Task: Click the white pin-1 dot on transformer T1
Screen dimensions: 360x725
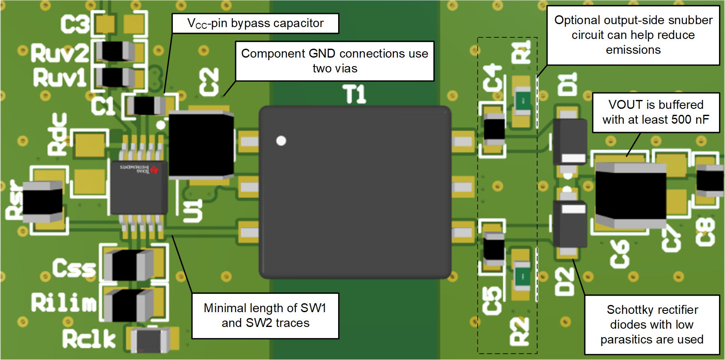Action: [x=281, y=141]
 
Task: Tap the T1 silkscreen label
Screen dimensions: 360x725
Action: [x=354, y=94]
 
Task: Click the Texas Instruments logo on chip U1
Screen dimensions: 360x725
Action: [x=154, y=169]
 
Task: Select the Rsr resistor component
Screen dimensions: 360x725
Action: [x=42, y=202]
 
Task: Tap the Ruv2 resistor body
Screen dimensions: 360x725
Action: [x=115, y=52]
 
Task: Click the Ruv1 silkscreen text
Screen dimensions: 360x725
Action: [x=59, y=78]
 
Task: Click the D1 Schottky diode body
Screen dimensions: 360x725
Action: [x=569, y=141]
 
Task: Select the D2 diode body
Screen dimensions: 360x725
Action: [x=569, y=224]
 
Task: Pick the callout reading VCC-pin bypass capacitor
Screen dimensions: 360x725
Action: [x=255, y=23]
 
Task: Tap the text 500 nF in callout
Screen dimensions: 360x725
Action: [x=689, y=119]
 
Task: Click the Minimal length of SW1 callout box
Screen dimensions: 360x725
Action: [x=265, y=316]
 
